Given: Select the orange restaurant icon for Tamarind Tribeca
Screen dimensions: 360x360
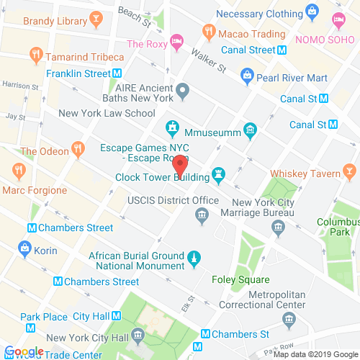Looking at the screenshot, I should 35,54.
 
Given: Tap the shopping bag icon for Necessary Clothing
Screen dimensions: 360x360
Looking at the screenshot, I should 311,10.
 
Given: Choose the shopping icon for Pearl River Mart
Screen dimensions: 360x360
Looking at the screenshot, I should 247,74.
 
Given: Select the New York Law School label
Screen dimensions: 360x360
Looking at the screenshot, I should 107,113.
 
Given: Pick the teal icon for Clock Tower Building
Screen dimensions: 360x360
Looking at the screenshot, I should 217,176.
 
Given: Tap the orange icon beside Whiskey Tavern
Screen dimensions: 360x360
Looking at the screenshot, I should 350,172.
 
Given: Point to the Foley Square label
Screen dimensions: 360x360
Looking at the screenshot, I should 240,279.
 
